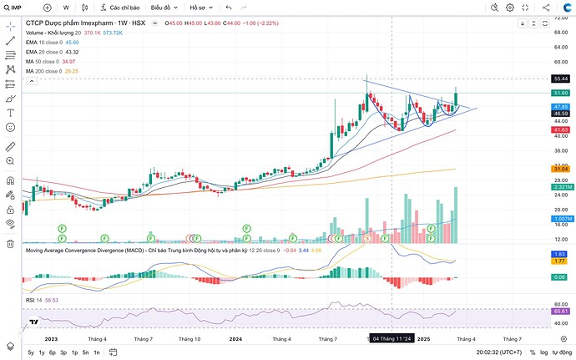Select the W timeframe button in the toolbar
coord(66,8)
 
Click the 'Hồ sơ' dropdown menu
coord(201,8)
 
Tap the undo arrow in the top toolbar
coord(228,8)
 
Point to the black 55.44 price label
coord(561,79)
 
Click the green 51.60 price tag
coord(561,93)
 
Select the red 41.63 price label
coord(561,130)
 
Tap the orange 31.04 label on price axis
coord(561,170)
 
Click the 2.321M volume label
coord(561,188)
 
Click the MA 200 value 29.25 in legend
coord(72,71)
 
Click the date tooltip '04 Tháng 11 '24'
coord(392,338)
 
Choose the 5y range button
coord(31,353)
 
